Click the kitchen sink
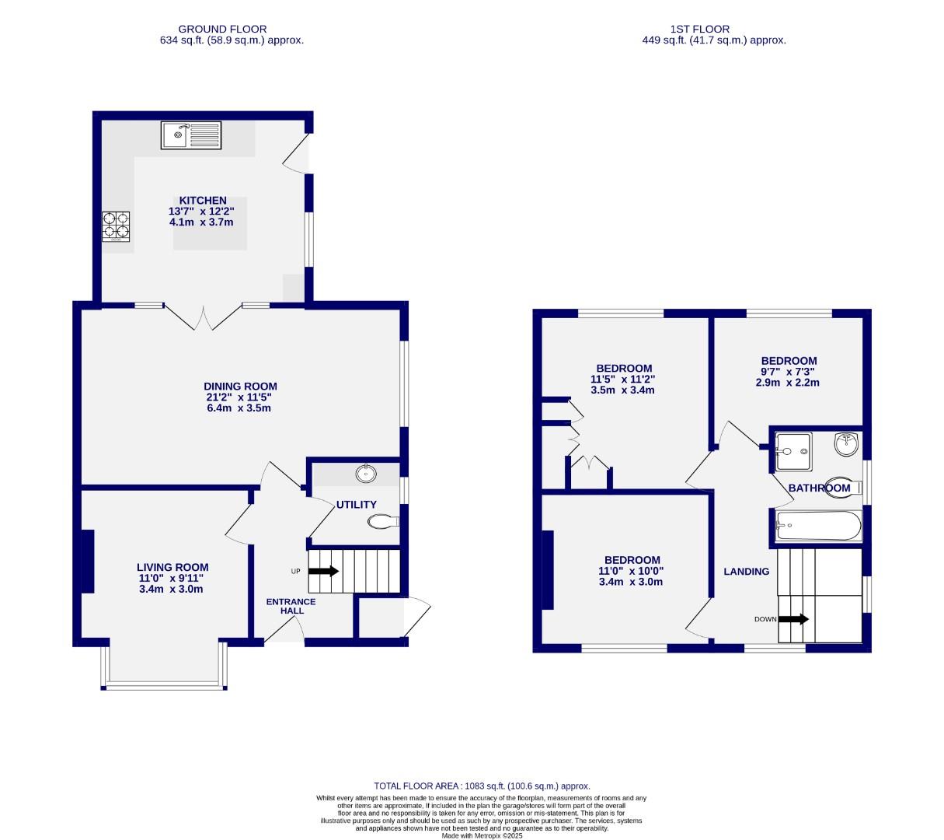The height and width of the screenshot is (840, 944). point(191,135)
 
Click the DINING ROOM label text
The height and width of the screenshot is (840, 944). point(240,387)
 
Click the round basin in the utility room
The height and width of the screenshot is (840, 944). point(364,473)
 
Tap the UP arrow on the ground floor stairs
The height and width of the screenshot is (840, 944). point(323,571)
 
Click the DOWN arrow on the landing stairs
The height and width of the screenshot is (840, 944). point(792,619)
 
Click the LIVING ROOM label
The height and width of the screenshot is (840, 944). point(172,567)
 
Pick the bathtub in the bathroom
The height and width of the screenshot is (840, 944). point(819,527)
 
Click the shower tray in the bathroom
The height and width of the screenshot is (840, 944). point(793,451)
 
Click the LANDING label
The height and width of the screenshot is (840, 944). point(746,572)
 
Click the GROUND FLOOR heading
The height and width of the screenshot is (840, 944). point(222,29)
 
